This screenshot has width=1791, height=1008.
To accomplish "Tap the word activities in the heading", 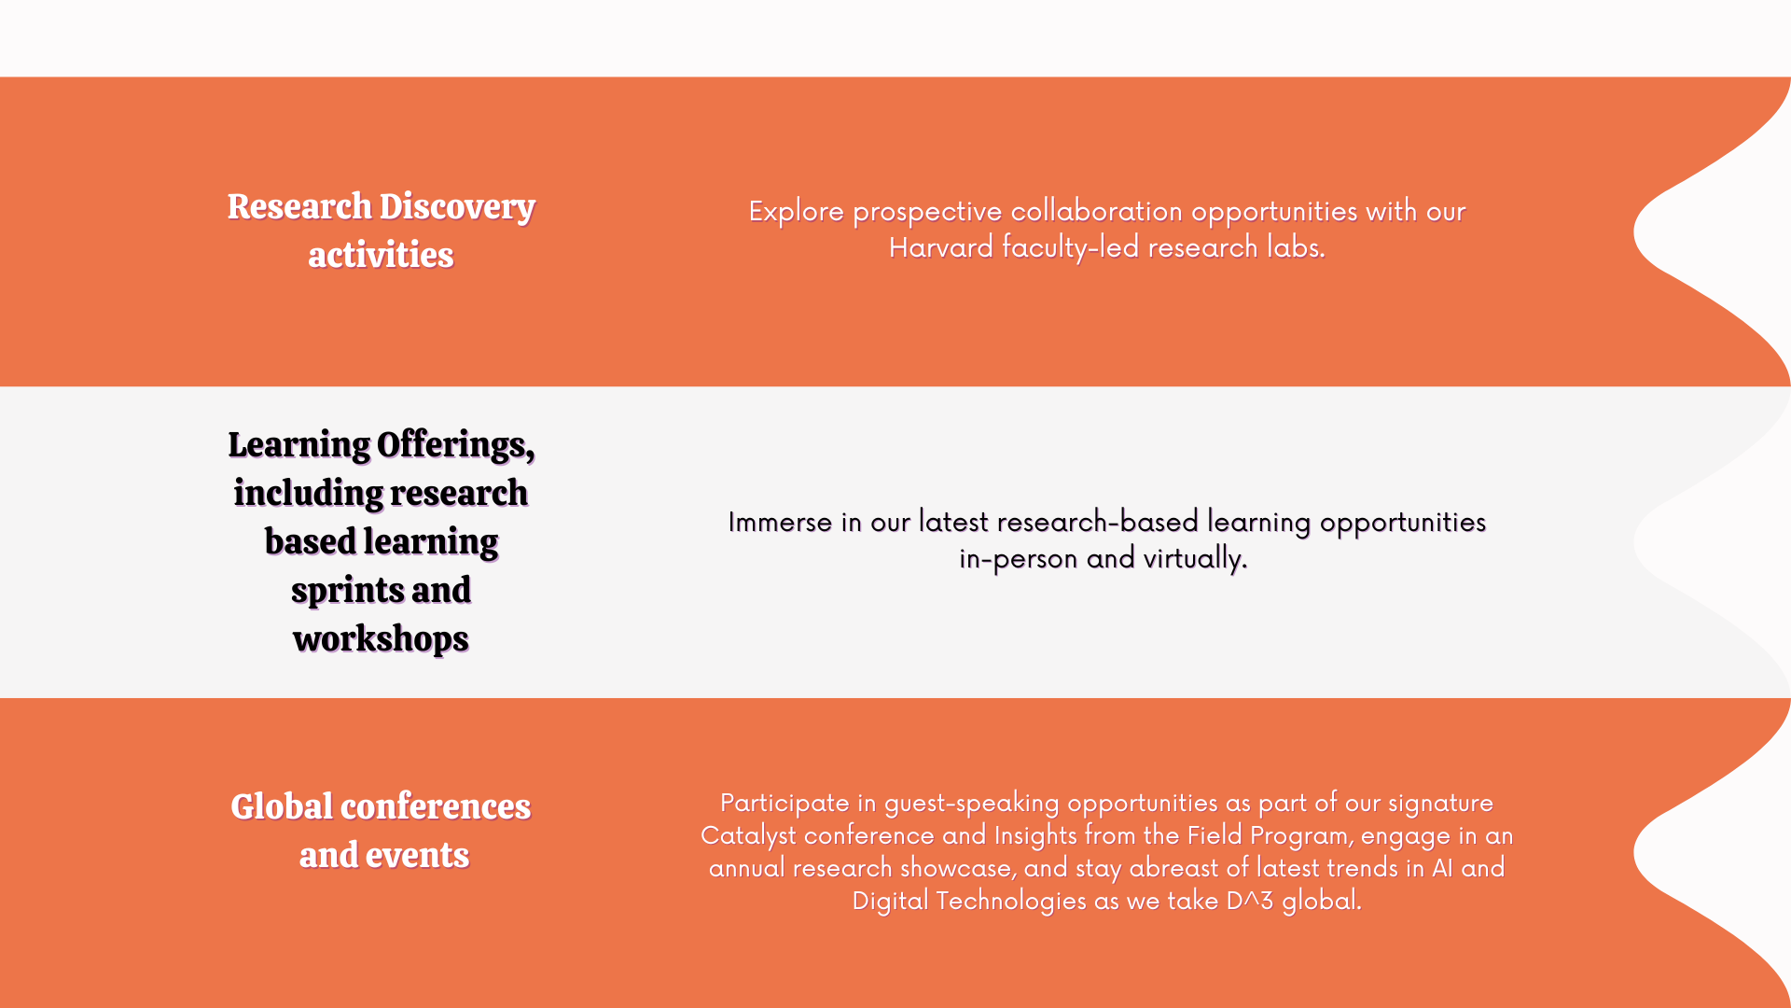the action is [381, 255].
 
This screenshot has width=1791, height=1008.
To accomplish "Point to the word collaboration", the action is [1097, 211].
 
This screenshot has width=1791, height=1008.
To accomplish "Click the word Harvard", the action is [941, 247].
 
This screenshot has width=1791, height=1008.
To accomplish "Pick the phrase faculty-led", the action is [1071, 248].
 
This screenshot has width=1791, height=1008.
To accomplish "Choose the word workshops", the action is [381, 639].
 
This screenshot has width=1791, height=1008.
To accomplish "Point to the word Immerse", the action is [780, 522].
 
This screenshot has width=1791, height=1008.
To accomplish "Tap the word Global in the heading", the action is [282, 807].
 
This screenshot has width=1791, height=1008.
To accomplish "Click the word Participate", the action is [784, 804].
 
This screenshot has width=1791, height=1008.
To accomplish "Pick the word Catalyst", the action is [748, 836].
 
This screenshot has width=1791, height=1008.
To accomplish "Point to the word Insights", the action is [1035, 835].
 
